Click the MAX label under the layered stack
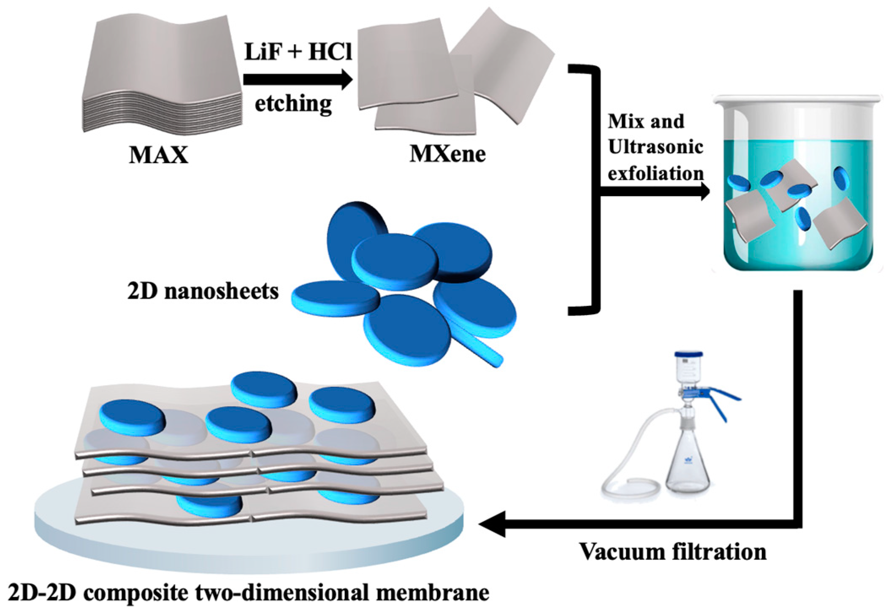tap(158, 155)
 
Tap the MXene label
tap(447, 154)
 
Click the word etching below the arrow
tap(293, 104)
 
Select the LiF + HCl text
tap(298, 52)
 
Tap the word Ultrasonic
tap(655, 147)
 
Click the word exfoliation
tap(656, 173)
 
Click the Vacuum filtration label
tap(672, 551)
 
